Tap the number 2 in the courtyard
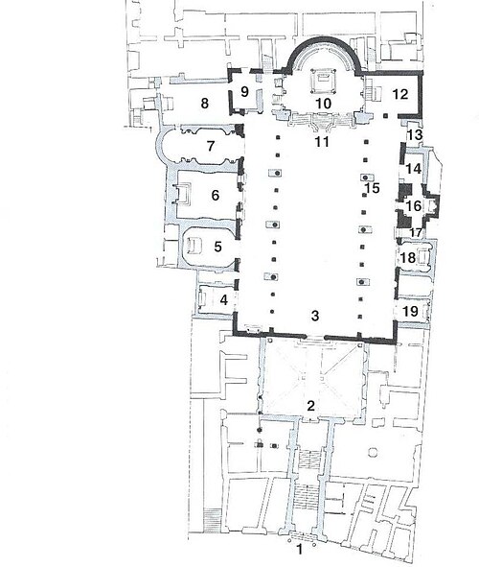pos(310,406)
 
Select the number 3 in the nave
pos(315,316)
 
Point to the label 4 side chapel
pos(224,299)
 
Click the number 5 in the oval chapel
pos(217,247)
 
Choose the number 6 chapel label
pos(216,196)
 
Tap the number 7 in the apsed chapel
pos(211,146)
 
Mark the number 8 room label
pos(205,104)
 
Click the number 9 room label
pos(244,91)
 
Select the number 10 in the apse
pos(324,104)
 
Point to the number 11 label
pos(322,142)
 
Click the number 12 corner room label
pos(399,94)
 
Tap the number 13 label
pos(415,135)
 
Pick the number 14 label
pos(414,169)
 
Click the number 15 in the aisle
pos(373,188)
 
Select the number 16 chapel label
pos(414,205)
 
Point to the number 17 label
pos(415,232)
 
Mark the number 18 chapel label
pos(408,258)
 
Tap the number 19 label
pos(410,311)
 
